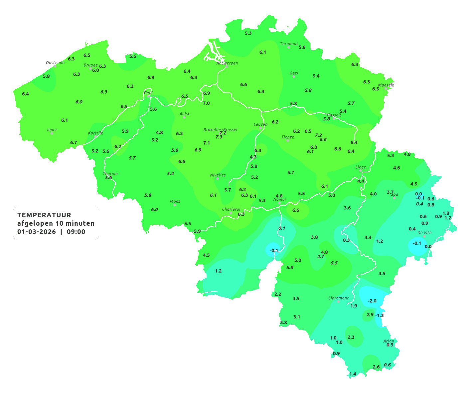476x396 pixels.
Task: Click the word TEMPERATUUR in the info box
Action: pyautogui.click(x=44, y=215)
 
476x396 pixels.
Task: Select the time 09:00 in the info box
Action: pyautogui.click(x=76, y=232)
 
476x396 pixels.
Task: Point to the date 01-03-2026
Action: pyautogui.click(x=37, y=232)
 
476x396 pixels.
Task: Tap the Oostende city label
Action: pyautogui.click(x=55, y=63)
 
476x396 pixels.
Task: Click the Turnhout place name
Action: pyautogui.click(x=289, y=44)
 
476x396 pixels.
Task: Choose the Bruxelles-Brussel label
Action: pyautogui.click(x=220, y=129)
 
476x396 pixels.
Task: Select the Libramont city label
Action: pyautogui.click(x=338, y=298)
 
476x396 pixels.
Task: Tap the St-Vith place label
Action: pyautogui.click(x=424, y=233)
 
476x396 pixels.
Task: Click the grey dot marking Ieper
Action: pyautogui.click(x=52, y=133)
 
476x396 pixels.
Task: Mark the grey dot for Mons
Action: pyautogui.click(x=175, y=205)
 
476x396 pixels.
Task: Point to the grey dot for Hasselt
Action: pyautogui.click(x=334, y=118)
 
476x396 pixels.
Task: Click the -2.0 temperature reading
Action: pyautogui.click(x=372, y=301)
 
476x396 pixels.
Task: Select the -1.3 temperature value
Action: pyautogui.click(x=380, y=315)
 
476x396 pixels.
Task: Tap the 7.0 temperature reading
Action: pyautogui.click(x=206, y=103)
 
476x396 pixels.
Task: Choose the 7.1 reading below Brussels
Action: pyautogui.click(x=207, y=143)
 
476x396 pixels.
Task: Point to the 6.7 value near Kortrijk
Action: pyautogui.click(x=74, y=142)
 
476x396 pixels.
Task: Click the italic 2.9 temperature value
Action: pyautogui.click(x=370, y=314)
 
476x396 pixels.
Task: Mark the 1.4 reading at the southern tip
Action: pyautogui.click(x=353, y=374)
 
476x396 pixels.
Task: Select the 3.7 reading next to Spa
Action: pyautogui.click(x=390, y=192)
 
